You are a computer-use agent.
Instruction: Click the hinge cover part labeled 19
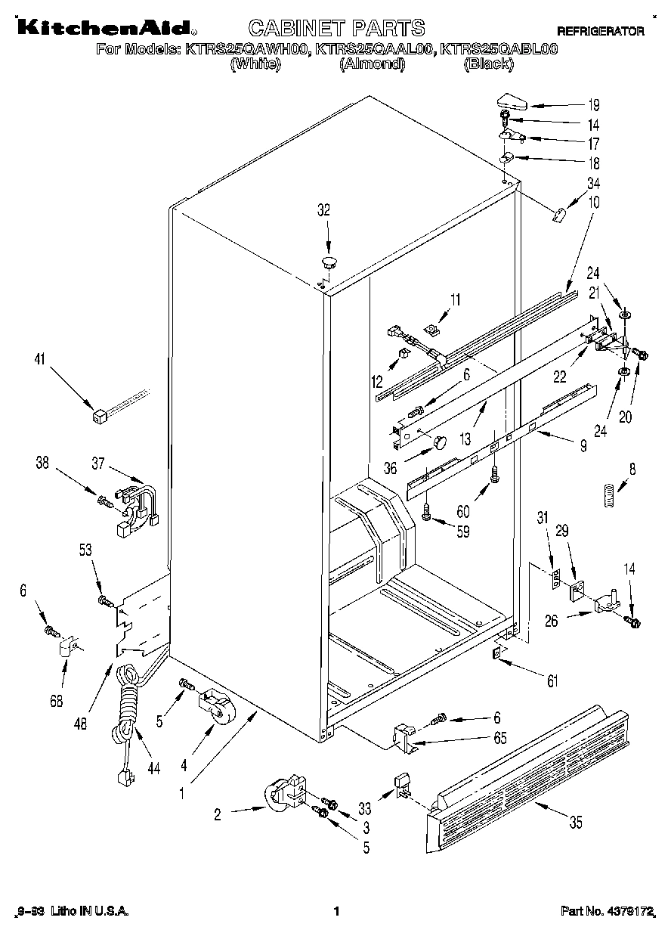pos(512,101)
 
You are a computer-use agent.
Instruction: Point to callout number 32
pos(324,211)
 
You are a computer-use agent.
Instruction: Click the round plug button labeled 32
pos(329,262)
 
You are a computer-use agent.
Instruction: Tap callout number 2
pos(218,814)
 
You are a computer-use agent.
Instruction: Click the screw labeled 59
pos(428,513)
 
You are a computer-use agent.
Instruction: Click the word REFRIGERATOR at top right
pos(601,31)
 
